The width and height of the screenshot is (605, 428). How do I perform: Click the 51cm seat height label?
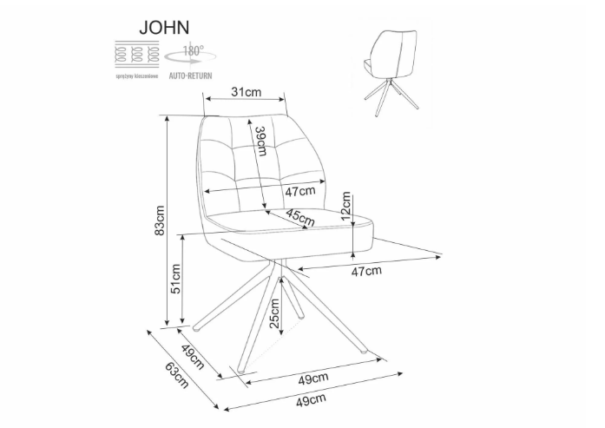(174, 278)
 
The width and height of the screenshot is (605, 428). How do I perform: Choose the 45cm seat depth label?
(300, 218)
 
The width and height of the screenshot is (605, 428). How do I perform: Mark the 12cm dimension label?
(346, 208)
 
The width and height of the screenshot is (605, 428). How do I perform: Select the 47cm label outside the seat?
(365, 271)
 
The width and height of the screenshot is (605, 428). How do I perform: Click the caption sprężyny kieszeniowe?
(138, 76)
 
